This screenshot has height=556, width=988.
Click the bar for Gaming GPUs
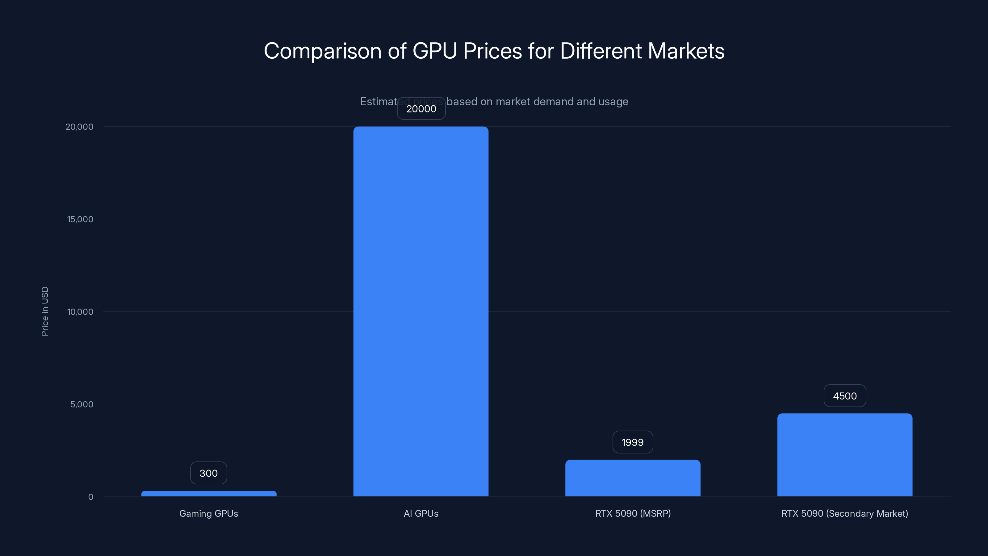point(209,494)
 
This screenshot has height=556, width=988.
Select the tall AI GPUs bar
point(421,311)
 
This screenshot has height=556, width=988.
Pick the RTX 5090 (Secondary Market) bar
point(844,455)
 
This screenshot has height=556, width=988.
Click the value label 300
point(209,473)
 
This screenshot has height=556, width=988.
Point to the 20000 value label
point(421,109)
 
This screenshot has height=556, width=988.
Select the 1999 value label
point(632,442)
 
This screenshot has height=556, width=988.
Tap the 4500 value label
point(844,396)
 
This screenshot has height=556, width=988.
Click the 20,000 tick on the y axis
point(79,127)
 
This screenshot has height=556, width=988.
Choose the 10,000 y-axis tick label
point(80,312)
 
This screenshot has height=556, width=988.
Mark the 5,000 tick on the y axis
point(82,404)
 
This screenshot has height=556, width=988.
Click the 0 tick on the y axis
point(90,497)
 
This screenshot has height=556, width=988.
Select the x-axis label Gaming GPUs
point(209,513)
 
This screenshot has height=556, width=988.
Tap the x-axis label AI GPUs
point(421,513)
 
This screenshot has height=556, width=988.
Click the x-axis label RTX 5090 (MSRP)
point(633,513)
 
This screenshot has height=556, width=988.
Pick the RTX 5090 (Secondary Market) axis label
point(844,513)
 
